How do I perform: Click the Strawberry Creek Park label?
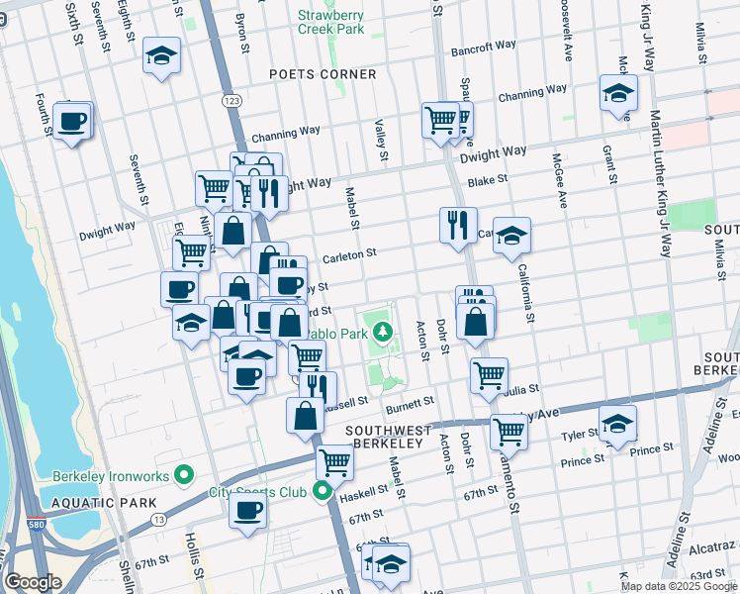pyautogui.click(x=331, y=22)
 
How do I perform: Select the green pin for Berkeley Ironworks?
pyautogui.click(x=183, y=476)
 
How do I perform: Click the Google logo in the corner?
pyautogui.click(x=33, y=583)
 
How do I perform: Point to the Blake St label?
pyautogui.click(x=488, y=181)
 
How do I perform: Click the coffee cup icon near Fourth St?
pyautogui.click(x=72, y=122)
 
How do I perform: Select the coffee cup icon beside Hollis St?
pyautogui.click(x=247, y=512)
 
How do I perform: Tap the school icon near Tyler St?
pyautogui.click(x=617, y=425)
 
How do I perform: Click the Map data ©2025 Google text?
pyautogui.click(x=679, y=586)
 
